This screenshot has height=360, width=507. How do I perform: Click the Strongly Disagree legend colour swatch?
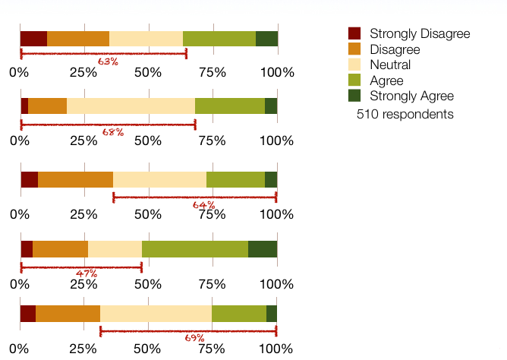[354, 33]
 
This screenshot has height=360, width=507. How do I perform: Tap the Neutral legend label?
[390, 65]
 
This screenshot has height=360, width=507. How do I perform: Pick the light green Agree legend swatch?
[354, 81]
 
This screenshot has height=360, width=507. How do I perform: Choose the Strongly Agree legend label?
[411, 96]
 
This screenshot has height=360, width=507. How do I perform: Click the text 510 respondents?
[405, 114]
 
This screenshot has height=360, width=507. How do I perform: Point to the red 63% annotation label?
[108, 61]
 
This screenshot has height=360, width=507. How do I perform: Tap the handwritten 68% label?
[112, 131]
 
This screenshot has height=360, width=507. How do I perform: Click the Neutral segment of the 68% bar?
[131, 106]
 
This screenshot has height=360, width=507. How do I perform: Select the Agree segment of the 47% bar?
[195, 248]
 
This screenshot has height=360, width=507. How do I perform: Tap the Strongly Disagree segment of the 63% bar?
[33, 39]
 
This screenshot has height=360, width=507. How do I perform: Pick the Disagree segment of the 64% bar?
[75, 179]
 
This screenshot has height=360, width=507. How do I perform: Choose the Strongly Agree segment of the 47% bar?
[263, 248]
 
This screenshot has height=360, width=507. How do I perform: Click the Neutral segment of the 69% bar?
[156, 314]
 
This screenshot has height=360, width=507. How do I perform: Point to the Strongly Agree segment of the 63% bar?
[266, 39]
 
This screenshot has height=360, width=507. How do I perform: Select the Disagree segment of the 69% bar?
[68, 314]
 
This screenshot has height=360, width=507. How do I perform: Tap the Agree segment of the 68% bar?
[230, 106]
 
